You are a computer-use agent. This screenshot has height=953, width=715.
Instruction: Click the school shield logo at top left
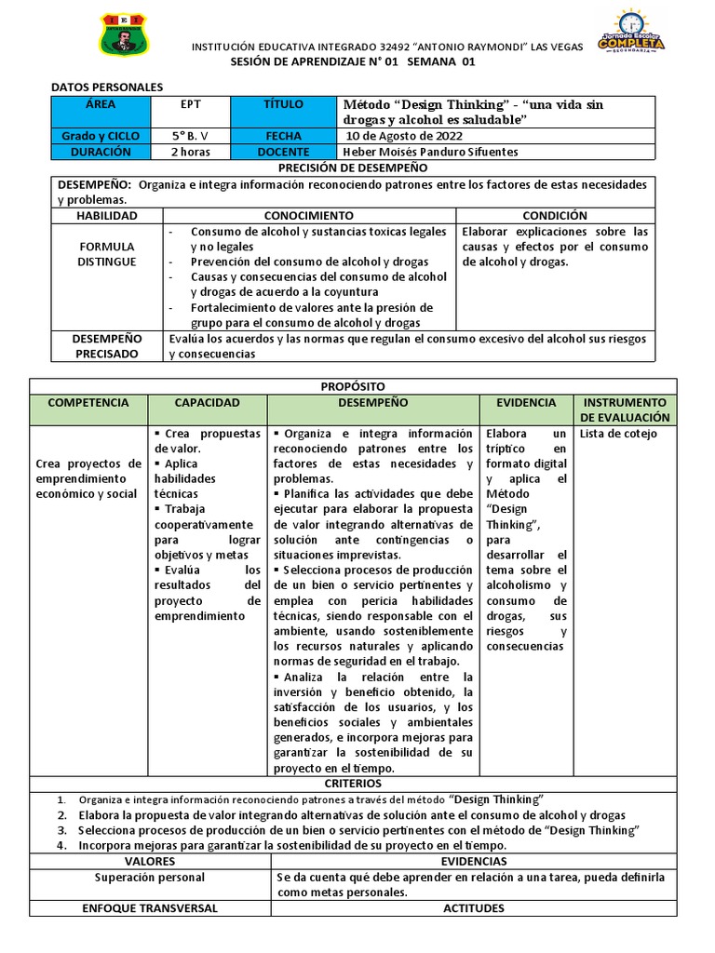coord(123,35)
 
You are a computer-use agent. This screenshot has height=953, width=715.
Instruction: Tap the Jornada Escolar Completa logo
coord(630,34)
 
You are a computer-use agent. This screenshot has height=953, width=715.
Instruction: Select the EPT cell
coord(190,105)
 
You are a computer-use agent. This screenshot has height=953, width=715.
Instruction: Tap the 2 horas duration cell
coord(190,152)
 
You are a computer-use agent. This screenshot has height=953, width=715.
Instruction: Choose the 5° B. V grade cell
coord(190,136)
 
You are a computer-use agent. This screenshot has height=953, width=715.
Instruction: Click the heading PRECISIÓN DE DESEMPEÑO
coord(353,168)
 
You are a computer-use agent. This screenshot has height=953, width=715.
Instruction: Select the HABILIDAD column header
coord(107,215)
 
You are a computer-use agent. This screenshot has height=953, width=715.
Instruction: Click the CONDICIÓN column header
coord(555,215)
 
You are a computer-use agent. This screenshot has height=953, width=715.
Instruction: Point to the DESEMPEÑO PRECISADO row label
coord(107,346)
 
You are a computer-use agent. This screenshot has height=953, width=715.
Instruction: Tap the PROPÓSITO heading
coord(353,386)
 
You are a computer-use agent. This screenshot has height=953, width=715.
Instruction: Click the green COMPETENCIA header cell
coord(88,403)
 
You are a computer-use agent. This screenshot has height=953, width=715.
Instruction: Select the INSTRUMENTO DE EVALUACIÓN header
coord(625,409)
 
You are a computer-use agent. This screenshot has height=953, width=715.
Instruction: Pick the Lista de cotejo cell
coord(618,434)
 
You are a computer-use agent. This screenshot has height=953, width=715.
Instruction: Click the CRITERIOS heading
coord(353,785)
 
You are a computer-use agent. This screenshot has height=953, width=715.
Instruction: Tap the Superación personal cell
coord(150,878)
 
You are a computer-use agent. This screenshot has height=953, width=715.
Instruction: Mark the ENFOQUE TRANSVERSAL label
coord(150,907)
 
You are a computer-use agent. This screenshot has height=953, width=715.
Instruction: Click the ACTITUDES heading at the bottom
coord(474,907)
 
